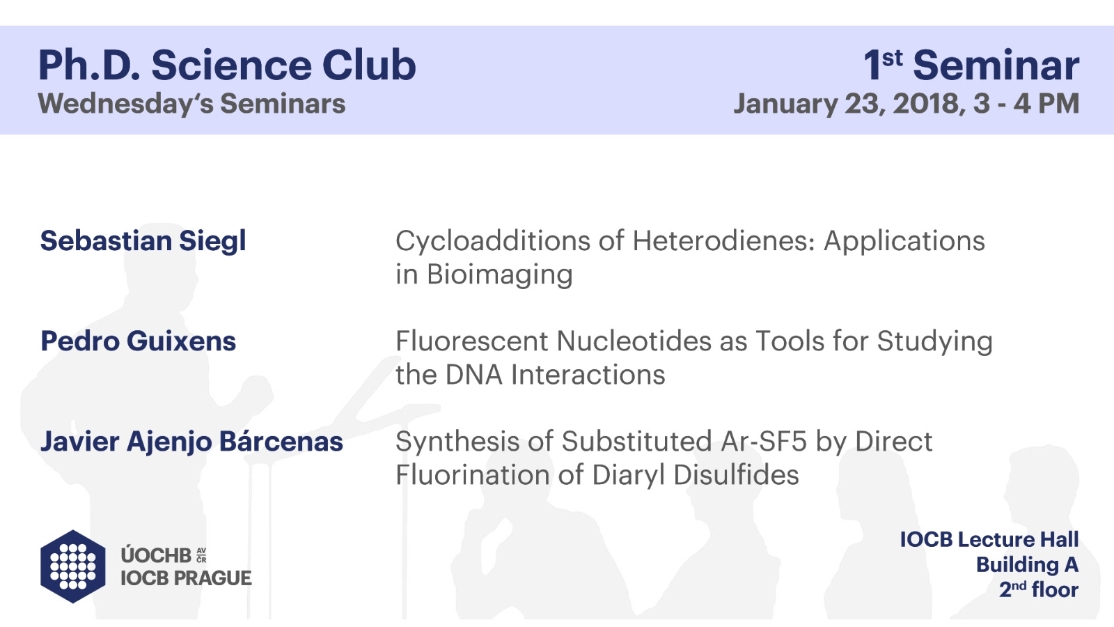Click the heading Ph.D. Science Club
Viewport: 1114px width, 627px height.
point(227,65)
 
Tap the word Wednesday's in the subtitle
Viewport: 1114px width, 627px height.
point(126,104)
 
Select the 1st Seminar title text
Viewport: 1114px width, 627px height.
point(971,65)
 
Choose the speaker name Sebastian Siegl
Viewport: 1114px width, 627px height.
point(143,241)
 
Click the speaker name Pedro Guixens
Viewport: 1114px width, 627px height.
point(139,341)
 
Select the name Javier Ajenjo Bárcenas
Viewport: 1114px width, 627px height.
point(191,442)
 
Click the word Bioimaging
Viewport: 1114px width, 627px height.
point(499,274)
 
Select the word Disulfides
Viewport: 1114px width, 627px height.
point(736,474)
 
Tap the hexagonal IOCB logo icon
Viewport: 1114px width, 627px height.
point(73,566)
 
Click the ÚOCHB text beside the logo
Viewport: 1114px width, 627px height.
point(156,555)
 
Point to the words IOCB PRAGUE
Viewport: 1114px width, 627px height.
point(186,578)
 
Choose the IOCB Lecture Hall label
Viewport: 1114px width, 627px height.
point(989,539)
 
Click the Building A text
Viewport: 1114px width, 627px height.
point(1027,565)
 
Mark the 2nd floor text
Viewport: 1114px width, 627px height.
point(1039,589)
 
